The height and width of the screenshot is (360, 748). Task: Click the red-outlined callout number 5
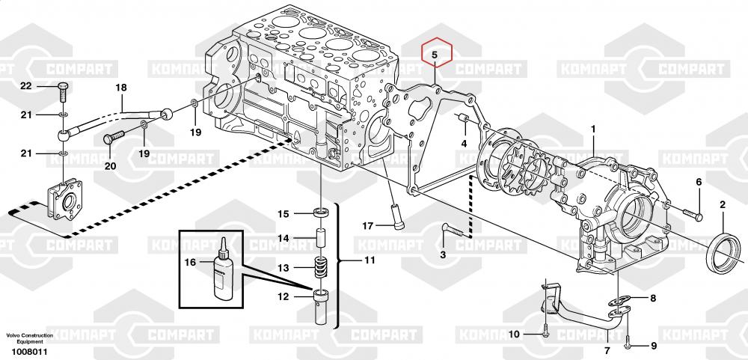coord(435,55)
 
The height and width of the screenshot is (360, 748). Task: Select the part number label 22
coord(25,86)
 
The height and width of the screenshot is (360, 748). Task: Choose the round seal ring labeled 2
coord(724,254)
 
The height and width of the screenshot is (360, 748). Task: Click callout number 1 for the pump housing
coord(593,129)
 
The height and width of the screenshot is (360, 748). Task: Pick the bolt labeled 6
coord(693,214)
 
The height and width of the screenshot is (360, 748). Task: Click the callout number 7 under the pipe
coord(607,350)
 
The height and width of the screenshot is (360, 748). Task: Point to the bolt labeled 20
coord(114,138)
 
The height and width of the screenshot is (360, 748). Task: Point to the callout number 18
coord(121,88)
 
